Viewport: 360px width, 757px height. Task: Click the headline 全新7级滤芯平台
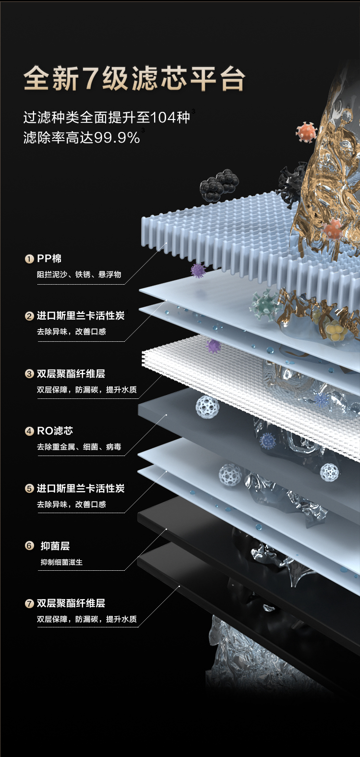(134, 78)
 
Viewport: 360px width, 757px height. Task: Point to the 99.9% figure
(117, 138)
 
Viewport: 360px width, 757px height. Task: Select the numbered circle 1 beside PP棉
(29, 259)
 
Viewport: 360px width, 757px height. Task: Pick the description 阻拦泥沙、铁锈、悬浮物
(79, 275)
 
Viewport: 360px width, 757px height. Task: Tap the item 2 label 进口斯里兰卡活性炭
(81, 316)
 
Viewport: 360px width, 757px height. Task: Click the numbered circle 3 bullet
(29, 374)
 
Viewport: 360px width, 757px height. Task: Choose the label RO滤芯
(55, 431)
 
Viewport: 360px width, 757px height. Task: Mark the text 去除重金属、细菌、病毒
(79, 447)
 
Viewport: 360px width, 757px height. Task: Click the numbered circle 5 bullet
(29, 489)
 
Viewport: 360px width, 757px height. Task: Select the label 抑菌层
(55, 546)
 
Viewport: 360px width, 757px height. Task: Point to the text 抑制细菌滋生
(61, 562)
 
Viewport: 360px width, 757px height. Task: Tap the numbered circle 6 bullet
(29, 546)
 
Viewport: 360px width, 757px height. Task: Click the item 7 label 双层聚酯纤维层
(71, 603)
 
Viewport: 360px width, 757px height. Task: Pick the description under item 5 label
(71, 505)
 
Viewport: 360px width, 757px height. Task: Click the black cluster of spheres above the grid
(219, 185)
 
